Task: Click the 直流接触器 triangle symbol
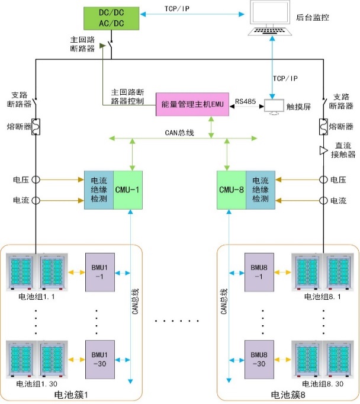324,150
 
